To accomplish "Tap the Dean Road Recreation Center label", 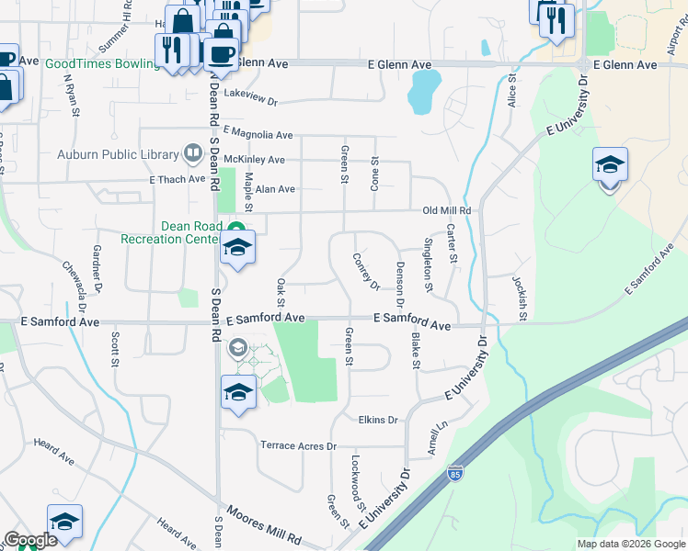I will pyautogui.click(x=174, y=232).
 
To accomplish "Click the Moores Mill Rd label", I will pyautogui.click(x=264, y=535).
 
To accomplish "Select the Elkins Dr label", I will pyautogui.click(x=378, y=420).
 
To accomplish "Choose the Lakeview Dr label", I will pyautogui.click(x=250, y=95).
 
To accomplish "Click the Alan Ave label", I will pyautogui.click(x=275, y=189).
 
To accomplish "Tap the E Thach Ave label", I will pyautogui.click(x=177, y=180).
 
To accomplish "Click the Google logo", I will pyautogui.click(x=30, y=540).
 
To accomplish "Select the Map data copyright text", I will pyautogui.click(x=630, y=544).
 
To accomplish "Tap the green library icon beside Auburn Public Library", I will pyautogui.click(x=193, y=152).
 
